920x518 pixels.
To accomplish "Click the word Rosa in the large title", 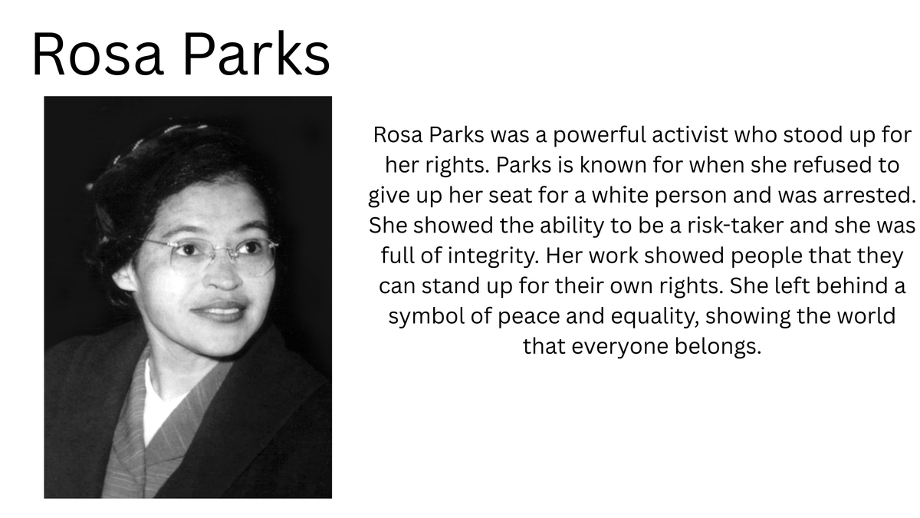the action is click(x=98, y=54).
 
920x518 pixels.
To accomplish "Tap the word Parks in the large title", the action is click(x=256, y=53).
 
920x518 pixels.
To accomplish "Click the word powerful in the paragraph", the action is click(x=600, y=136).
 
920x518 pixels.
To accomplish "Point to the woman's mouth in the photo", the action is click(x=220, y=311).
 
